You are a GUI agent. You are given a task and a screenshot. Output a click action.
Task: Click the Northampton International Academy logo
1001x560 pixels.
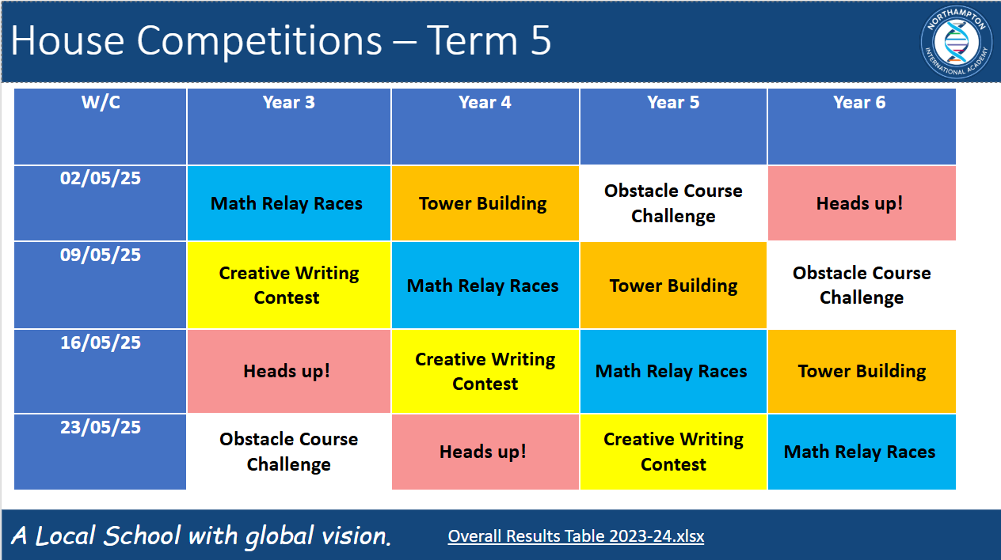957,43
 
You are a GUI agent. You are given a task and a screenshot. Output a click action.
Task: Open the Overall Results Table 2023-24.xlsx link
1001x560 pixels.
576,536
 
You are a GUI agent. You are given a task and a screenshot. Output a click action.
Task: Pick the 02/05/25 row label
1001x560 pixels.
101,178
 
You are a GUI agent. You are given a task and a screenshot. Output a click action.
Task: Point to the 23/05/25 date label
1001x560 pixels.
101,427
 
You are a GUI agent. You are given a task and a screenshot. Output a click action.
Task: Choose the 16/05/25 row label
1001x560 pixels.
101,342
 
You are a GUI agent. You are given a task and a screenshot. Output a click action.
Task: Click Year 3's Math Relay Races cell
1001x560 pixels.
289,203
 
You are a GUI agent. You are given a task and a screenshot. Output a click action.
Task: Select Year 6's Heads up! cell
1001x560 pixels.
862,203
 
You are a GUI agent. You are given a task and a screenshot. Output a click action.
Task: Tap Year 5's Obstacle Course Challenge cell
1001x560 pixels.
673,203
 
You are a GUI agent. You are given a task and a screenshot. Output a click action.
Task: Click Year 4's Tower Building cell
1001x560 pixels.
485,203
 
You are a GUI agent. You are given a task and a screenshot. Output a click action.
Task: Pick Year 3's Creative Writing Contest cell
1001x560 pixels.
289,285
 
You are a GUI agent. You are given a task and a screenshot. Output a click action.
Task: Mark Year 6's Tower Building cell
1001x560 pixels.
862,371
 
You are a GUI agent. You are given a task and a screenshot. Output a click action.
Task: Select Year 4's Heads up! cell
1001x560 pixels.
485,452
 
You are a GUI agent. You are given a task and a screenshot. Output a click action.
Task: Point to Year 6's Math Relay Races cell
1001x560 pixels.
862,452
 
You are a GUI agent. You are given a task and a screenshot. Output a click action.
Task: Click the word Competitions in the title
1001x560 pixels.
260,41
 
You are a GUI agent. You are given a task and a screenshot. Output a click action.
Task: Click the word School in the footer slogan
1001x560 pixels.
142,535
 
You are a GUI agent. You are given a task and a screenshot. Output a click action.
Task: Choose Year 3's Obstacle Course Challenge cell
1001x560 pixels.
289,452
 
